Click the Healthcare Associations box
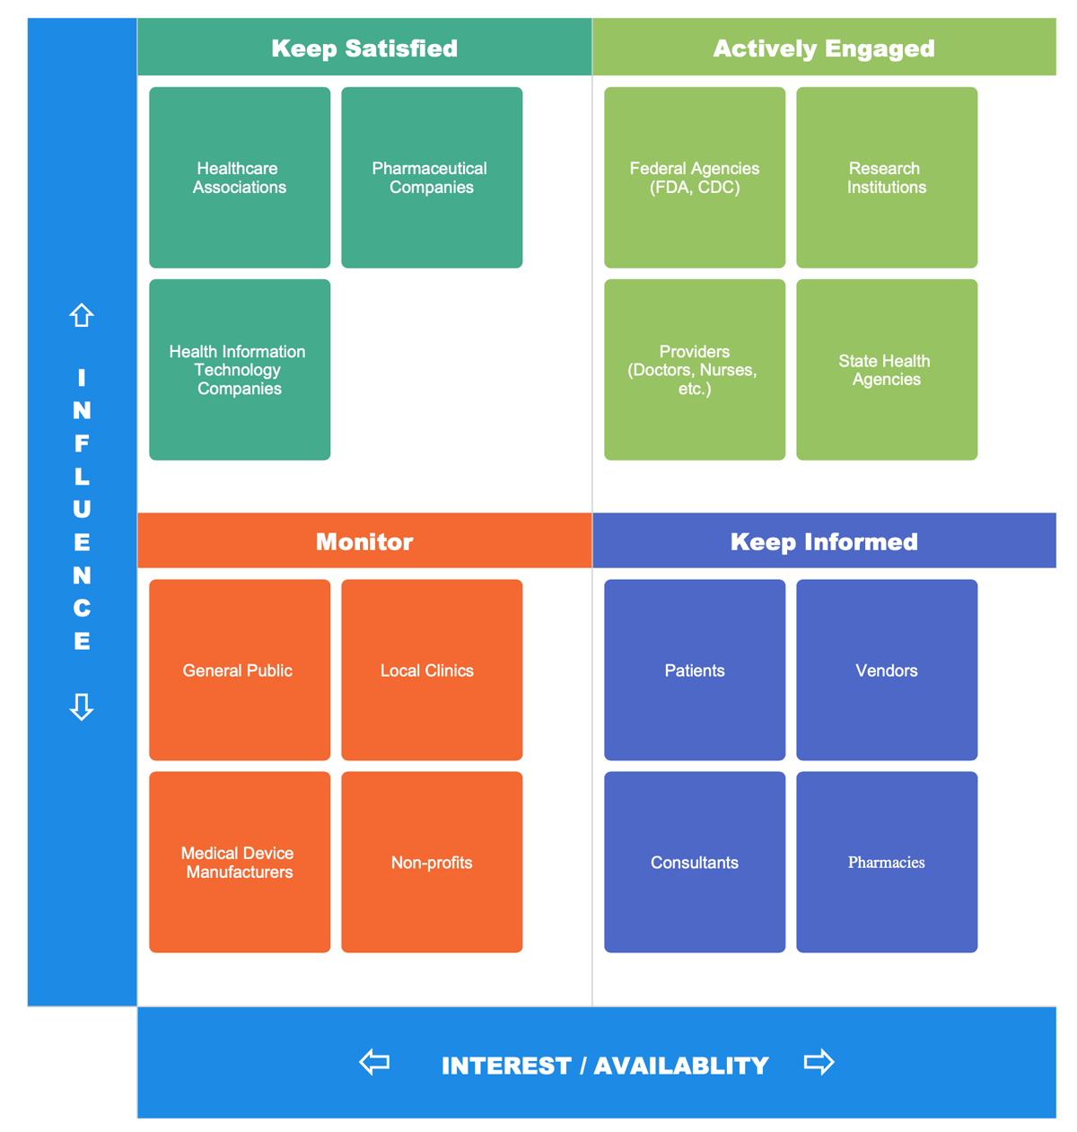pos(240,178)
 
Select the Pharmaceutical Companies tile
pos(432,178)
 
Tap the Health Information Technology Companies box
pos(240,370)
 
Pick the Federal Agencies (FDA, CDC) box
pos(695,178)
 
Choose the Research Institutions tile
pos(887,178)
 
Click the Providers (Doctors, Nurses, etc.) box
pos(695,370)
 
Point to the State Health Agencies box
pos(887,370)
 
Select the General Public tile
pos(240,670)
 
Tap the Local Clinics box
pos(432,670)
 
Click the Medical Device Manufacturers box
pos(240,862)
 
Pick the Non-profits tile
pos(432,862)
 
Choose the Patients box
pos(695,670)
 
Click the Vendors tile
pos(887,670)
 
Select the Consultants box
pos(695,862)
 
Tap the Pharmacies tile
pos(887,862)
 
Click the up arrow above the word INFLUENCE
pos(82,315)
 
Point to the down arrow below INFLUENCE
pos(82,706)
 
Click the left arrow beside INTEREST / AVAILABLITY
pos(374,1063)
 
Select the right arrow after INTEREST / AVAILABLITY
pos(819,1063)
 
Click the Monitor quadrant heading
pos(364,541)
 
